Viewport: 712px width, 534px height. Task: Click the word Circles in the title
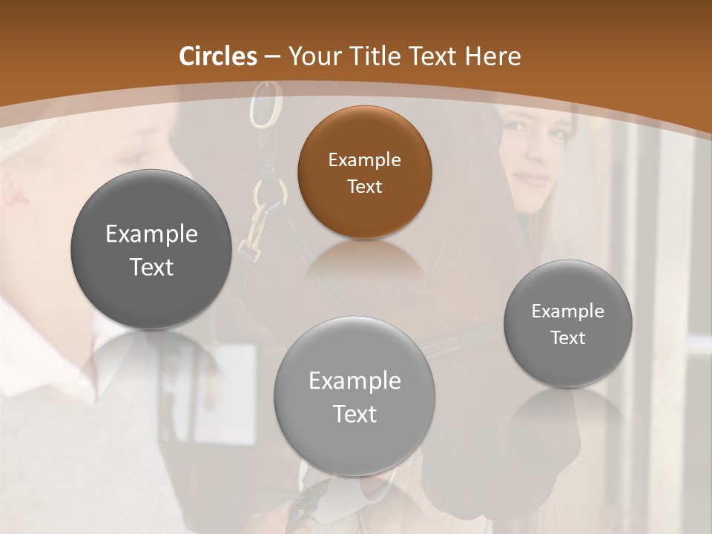coord(218,56)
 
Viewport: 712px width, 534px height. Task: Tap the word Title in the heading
coord(376,56)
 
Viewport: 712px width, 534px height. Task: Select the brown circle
coord(364,172)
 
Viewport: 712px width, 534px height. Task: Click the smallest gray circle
coord(568,323)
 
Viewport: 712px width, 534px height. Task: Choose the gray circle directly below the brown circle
coord(355,396)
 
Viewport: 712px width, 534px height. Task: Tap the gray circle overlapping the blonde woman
coord(151,249)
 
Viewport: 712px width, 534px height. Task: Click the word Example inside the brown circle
coord(364,159)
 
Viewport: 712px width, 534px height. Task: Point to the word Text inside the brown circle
coord(364,186)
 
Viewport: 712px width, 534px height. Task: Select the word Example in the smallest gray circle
coord(568,311)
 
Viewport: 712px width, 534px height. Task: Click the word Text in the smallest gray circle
coord(568,337)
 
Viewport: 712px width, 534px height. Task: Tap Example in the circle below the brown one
coord(355,380)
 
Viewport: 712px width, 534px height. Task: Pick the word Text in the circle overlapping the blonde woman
coord(151,267)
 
